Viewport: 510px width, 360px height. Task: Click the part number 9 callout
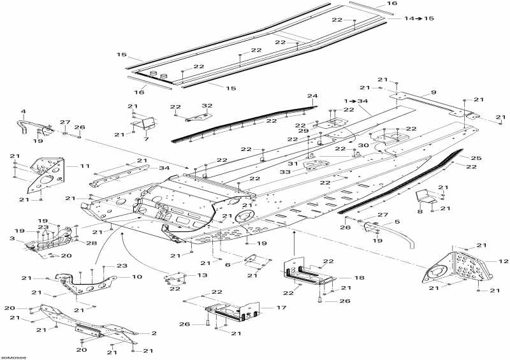[433, 93]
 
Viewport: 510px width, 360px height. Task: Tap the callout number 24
[312, 97]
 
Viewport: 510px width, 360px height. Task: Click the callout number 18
[360, 278]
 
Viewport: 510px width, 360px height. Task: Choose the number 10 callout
[137, 277]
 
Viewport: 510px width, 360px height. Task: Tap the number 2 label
[153, 333]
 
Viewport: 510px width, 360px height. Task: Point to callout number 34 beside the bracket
[164, 168]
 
